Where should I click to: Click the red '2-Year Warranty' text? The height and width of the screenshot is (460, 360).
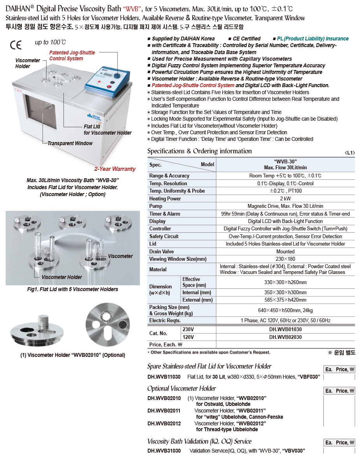click(x=115, y=169)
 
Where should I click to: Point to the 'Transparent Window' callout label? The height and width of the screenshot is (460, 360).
click(x=70, y=143)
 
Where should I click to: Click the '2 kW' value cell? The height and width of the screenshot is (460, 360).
click(x=285, y=198)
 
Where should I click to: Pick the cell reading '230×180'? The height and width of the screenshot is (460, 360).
click(x=285, y=259)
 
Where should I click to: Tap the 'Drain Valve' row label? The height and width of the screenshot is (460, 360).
click(x=162, y=252)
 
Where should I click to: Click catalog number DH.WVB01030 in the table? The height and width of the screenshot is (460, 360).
click(x=285, y=329)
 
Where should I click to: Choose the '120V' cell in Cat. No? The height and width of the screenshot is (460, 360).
click(x=188, y=337)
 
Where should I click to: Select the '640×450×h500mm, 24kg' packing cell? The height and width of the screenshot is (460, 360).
click(x=285, y=310)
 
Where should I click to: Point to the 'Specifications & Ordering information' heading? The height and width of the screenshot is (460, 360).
click(x=199, y=151)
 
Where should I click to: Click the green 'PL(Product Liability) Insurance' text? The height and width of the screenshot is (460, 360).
click(x=313, y=39)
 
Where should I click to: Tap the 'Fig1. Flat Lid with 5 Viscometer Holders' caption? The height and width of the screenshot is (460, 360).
click(x=72, y=289)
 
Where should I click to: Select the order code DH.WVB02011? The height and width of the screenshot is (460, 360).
click(x=164, y=411)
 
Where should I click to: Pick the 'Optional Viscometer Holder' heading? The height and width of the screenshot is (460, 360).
click(x=181, y=388)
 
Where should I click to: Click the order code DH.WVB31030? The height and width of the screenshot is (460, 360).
click(x=164, y=451)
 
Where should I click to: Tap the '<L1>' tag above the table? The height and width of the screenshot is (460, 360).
click(x=349, y=153)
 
